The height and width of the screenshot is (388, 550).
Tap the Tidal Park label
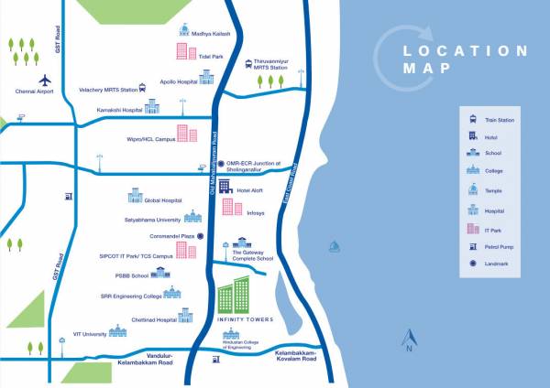[x=212, y=56]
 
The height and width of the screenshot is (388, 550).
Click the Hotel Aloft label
[x=250, y=189]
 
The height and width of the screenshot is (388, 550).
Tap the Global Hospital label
[x=164, y=199]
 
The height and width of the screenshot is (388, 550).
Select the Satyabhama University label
[x=153, y=220]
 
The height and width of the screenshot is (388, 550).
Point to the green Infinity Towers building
[x=233, y=292]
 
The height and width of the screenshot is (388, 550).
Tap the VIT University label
[x=83, y=334]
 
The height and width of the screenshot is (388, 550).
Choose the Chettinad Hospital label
[x=150, y=319]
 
